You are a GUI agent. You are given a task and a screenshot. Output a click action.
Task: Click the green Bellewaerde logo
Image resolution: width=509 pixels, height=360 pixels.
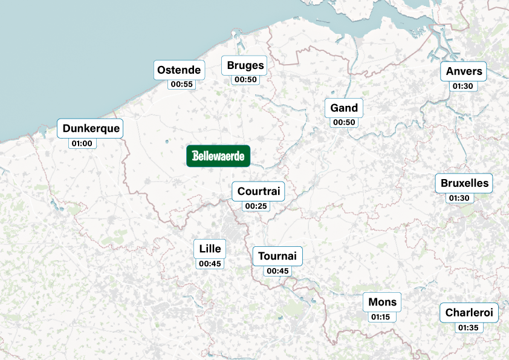(x=218, y=156)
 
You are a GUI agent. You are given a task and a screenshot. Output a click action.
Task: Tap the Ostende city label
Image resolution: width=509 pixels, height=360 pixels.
(x=179, y=70)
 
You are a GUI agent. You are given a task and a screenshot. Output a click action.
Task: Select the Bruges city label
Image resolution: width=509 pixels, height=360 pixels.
(x=245, y=65)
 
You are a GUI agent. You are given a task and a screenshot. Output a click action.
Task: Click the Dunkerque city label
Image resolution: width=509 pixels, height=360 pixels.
(x=91, y=128)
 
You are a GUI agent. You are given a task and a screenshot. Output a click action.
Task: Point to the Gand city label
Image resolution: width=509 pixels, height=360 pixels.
(x=344, y=108)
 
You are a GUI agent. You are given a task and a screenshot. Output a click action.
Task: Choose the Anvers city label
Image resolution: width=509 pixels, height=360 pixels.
(x=464, y=71)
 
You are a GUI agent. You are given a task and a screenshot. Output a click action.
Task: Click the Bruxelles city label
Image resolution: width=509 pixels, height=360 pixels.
(x=464, y=183)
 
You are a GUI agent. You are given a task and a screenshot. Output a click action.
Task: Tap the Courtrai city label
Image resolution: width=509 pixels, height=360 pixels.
(x=259, y=192)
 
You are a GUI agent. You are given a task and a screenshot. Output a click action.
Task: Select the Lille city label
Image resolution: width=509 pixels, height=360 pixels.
(x=210, y=249)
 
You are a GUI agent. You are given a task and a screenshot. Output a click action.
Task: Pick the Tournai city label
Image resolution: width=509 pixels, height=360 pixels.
(x=277, y=256)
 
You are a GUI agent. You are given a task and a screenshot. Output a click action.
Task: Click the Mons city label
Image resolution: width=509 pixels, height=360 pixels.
(x=382, y=302)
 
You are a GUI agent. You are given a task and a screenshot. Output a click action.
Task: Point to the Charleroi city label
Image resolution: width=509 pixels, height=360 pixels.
(x=469, y=313)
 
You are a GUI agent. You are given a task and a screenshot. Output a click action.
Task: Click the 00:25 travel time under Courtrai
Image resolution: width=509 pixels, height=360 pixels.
(x=256, y=206)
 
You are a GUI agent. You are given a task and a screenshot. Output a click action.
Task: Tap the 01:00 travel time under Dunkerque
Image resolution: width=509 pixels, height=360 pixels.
(x=82, y=143)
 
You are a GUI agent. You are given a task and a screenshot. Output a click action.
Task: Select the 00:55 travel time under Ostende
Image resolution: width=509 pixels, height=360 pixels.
(x=182, y=84)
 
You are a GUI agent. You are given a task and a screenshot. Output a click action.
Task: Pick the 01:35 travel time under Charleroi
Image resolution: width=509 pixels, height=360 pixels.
(x=468, y=327)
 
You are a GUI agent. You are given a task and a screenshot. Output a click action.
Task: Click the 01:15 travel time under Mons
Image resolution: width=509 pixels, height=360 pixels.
(x=380, y=316)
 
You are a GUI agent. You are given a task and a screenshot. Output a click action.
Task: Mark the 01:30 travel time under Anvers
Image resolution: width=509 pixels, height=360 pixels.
(x=462, y=86)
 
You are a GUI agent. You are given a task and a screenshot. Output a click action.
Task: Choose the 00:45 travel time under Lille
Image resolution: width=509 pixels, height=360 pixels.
(x=210, y=263)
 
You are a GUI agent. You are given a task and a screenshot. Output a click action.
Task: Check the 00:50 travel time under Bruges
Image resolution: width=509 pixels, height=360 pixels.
(x=245, y=79)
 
